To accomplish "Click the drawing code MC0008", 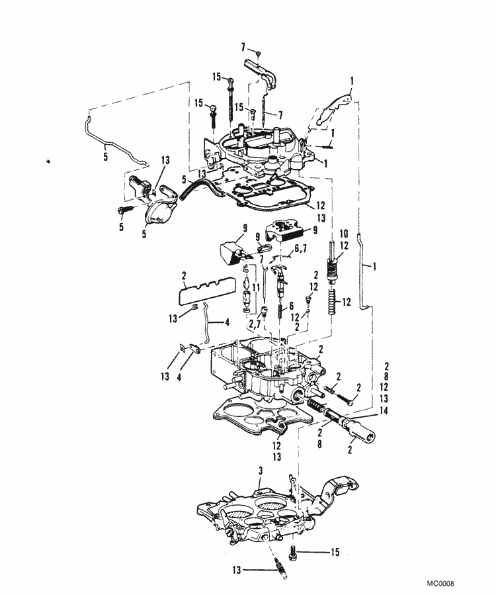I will coord(442,584).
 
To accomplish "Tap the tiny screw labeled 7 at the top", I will coord(261,53).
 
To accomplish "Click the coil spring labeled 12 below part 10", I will coord(332,304).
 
